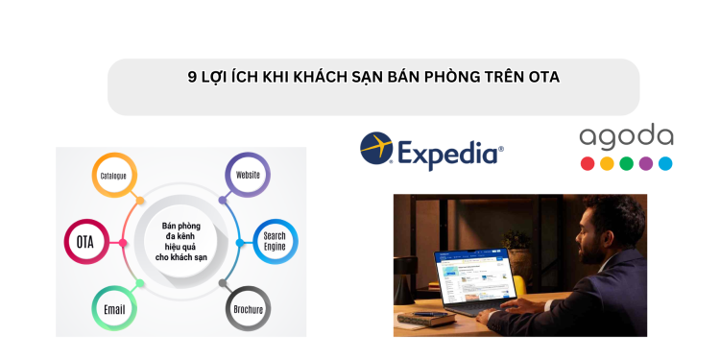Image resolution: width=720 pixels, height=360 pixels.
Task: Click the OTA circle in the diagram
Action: (84, 241)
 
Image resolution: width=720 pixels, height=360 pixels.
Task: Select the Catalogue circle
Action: (113, 177)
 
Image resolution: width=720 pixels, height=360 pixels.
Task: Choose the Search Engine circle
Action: (275, 241)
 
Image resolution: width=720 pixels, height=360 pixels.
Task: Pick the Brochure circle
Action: (248, 310)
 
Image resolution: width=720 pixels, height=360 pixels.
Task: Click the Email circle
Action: (113, 310)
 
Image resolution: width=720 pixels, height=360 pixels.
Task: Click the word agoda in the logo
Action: (626, 136)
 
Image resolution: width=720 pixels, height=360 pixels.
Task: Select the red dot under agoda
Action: (588, 163)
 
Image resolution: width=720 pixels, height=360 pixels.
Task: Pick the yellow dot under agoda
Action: (607, 163)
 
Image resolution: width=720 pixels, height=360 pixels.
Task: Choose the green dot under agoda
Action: (626, 163)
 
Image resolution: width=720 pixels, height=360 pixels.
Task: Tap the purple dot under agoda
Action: (646, 163)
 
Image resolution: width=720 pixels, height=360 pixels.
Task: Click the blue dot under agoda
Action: (665, 163)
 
